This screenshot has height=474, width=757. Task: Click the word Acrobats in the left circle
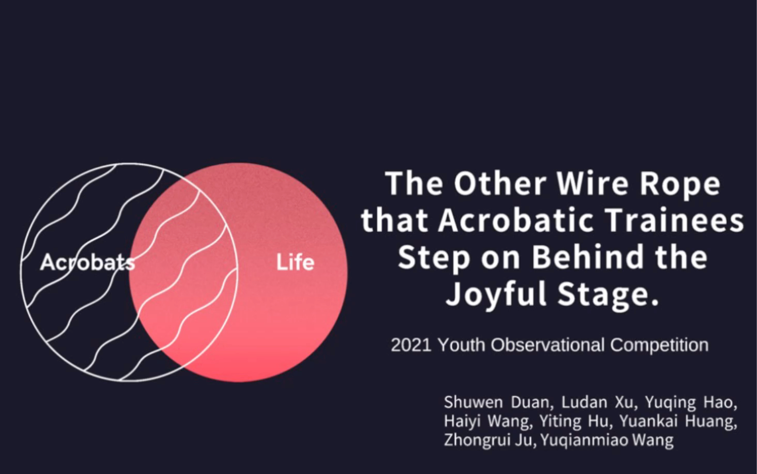(x=87, y=262)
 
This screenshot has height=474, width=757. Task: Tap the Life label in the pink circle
(x=295, y=263)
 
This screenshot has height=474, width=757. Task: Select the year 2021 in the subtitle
(x=411, y=345)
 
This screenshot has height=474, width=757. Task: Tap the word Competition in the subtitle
(x=659, y=345)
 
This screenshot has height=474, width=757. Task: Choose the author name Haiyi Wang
(x=488, y=422)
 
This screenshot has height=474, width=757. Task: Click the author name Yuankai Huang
(x=678, y=422)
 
